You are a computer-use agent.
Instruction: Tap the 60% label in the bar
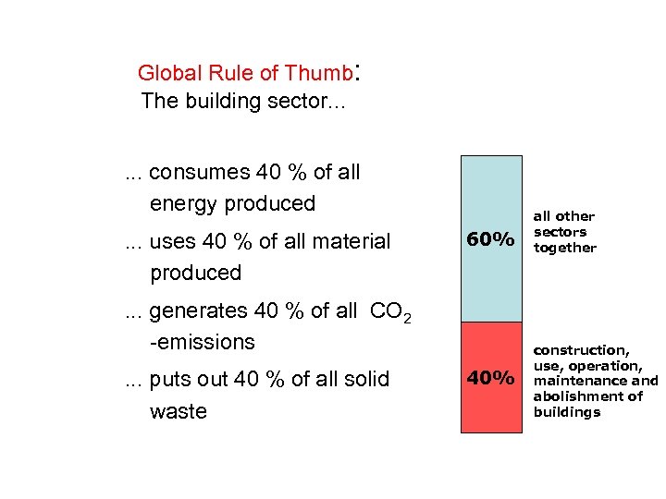point(491,239)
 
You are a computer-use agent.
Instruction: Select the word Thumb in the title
point(318,73)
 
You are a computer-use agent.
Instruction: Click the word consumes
point(199,172)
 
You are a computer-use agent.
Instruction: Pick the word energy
point(183,203)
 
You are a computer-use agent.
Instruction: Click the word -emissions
point(202,342)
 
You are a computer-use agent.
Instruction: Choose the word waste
point(178,411)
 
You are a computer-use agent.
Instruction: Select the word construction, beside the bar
point(581,350)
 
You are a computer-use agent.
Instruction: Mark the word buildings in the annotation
point(566,412)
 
